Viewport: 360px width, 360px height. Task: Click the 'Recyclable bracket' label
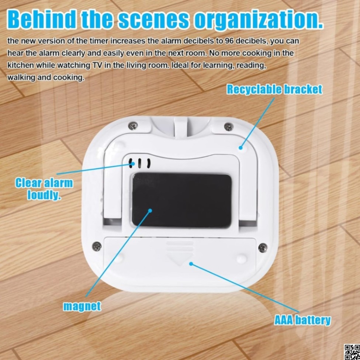[274, 89]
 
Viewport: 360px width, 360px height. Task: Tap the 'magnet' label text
[82, 306]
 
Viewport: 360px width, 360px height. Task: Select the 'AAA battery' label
[302, 320]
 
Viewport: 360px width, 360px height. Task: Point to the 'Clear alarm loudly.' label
[44, 189]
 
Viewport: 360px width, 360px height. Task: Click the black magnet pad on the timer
[181, 200]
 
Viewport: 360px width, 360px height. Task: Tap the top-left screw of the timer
[133, 126]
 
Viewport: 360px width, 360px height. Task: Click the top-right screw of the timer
[229, 127]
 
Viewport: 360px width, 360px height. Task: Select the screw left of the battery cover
[97, 246]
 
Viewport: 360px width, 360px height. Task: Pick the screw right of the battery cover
[263, 247]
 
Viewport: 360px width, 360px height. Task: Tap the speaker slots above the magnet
[139, 163]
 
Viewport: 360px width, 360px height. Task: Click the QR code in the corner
[352, 352]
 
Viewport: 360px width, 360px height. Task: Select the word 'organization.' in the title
[259, 20]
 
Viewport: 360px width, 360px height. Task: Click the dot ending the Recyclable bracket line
[240, 148]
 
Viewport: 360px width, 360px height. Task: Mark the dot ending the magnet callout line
[150, 210]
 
